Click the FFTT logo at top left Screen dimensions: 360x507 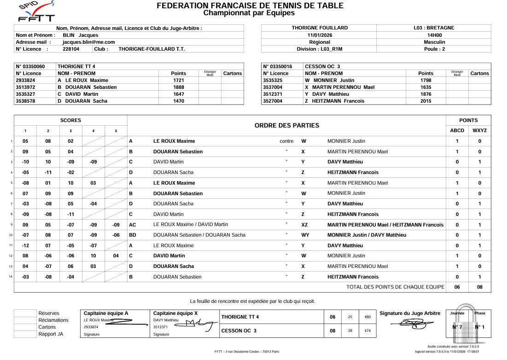(x=35, y=12)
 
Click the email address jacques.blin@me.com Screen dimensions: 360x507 (x=88, y=42)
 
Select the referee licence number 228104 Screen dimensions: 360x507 (x=71, y=49)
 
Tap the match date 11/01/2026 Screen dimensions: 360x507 (x=320, y=35)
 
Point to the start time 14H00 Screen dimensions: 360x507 (x=434, y=35)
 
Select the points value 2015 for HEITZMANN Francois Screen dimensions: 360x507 (x=425, y=101)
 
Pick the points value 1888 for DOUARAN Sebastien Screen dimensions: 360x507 (x=178, y=87)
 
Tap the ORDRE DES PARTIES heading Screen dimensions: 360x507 (x=286, y=125)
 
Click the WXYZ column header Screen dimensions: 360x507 (x=479, y=131)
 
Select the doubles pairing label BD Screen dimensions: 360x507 (x=133, y=235)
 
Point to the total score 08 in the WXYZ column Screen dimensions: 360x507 (x=479, y=287)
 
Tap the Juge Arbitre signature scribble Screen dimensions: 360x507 (x=409, y=325)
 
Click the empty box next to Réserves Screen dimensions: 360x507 (x=25, y=314)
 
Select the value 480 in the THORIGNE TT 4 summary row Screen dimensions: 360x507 (x=367, y=317)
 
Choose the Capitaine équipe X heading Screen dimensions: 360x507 (x=175, y=314)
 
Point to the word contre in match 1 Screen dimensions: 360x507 (x=286, y=141)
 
